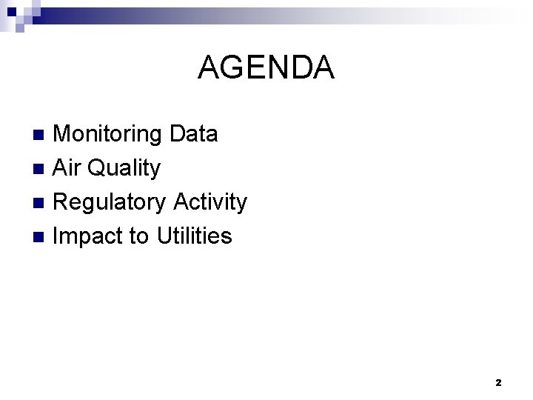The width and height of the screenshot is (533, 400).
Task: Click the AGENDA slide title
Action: (x=266, y=68)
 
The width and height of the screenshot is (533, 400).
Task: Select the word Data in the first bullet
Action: (x=194, y=134)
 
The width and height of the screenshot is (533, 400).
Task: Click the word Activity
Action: (x=210, y=202)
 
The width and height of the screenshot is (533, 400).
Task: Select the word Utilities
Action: (x=195, y=236)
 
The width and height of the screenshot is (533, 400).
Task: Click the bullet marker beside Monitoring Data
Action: (x=41, y=135)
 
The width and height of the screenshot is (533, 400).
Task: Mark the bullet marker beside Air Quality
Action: (x=41, y=169)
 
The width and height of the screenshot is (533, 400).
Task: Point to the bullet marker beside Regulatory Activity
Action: (x=41, y=203)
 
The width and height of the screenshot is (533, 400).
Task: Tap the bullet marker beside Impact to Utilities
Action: (x=41, y=237)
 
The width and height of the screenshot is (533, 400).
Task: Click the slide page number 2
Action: (x=498, y=383)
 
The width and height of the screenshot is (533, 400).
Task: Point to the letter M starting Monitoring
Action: (x=64, y=134)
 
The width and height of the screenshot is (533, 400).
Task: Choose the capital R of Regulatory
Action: (x=63, y=202)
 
